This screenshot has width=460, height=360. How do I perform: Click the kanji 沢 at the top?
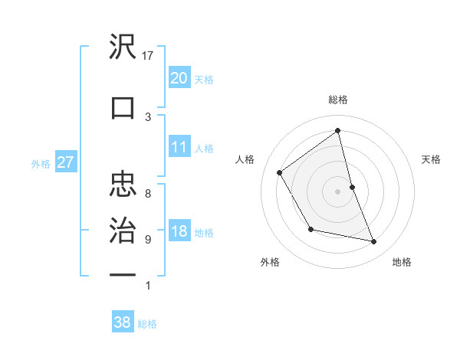coord(123,47)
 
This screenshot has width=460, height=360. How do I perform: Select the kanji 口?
coord(123,107)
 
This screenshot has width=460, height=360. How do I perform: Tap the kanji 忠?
coord(123,183)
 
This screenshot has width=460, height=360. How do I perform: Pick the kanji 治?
coord(123,230)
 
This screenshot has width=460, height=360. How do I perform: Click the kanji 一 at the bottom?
coord(123,274)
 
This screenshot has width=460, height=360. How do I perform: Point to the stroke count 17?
coord(149,56)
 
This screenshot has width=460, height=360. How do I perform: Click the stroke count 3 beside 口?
coord(148,116)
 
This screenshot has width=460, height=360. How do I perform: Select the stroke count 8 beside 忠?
coord(148,194)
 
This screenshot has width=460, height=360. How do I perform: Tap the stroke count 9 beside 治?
coord(148,240)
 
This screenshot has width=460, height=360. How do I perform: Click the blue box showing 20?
coord(179,78)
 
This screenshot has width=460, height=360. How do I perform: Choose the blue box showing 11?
coord(179,147)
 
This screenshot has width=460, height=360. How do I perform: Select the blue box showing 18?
coord(179,232)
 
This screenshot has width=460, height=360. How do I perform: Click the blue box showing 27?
coord(65,162)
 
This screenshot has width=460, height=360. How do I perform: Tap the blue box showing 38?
coord(122,323)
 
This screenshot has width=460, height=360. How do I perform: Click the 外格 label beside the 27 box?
coord(41,163)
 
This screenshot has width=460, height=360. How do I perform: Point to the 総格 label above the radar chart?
coord(337,100)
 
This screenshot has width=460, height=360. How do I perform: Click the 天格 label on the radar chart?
coord(432,159)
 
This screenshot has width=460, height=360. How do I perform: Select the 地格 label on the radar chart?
coord(402,262)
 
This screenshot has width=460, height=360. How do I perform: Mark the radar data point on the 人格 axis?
coord(280,172)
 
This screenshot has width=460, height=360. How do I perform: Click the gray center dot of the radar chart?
coord(337,191)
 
